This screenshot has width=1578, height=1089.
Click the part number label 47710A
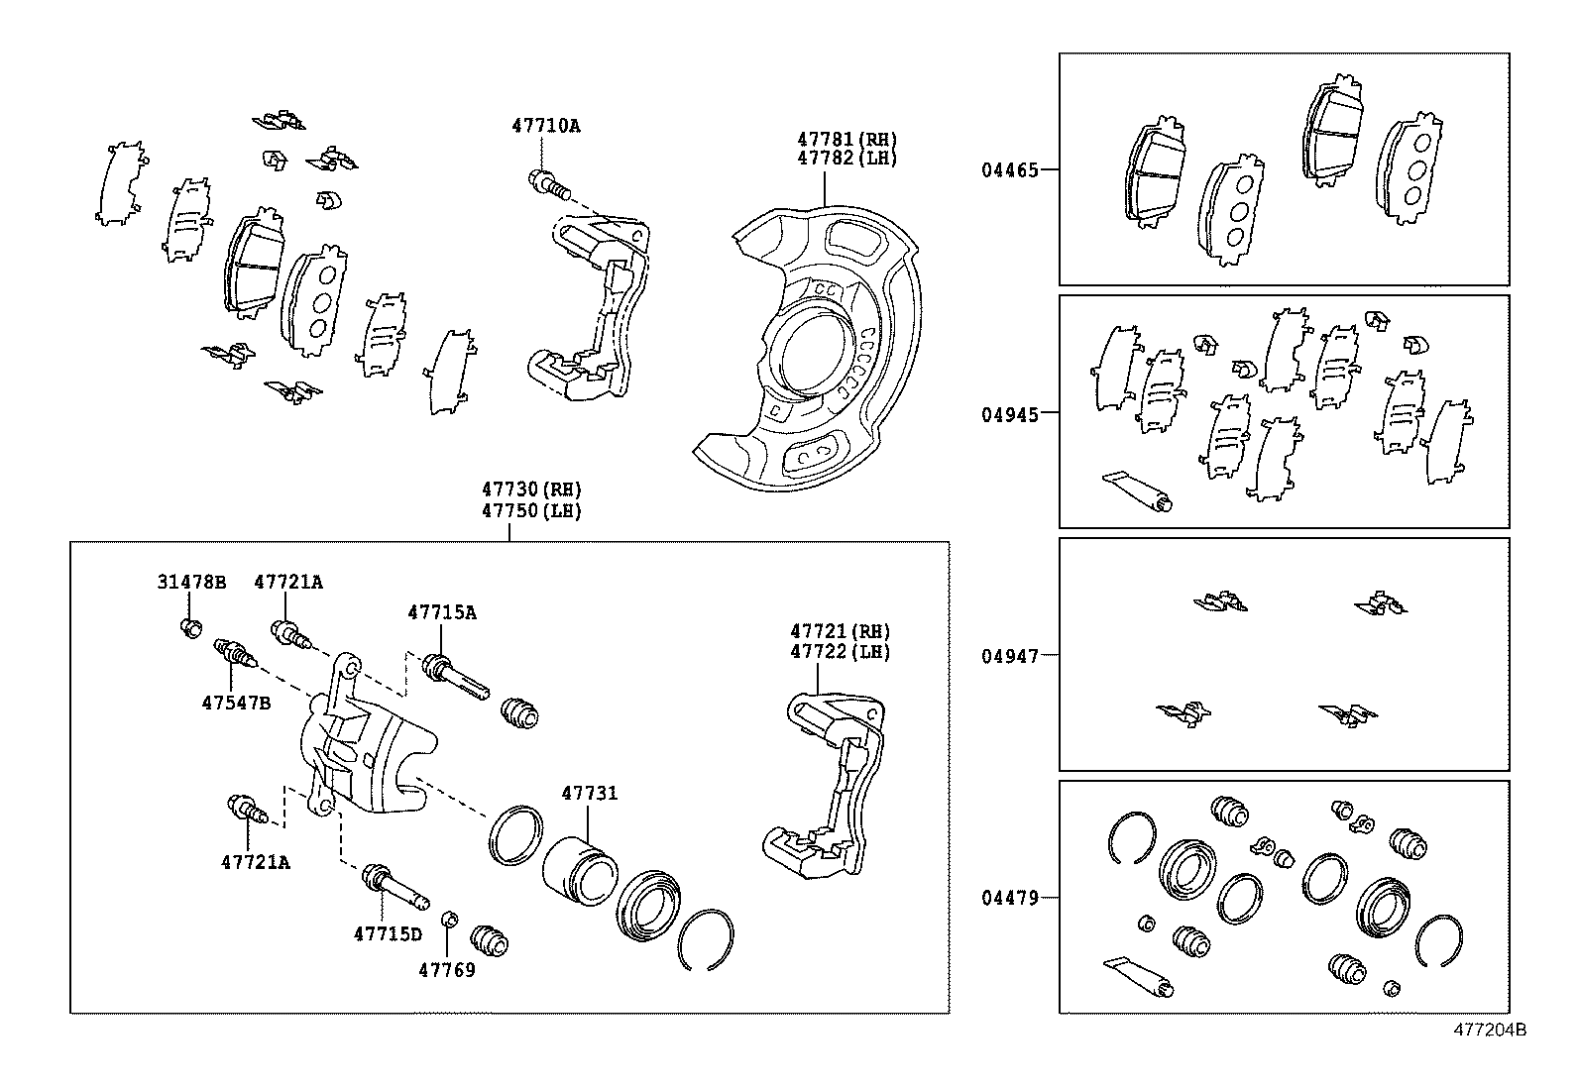(546, 126)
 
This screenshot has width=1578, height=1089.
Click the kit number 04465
(1010, 169)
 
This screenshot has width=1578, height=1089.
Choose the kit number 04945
(1010, 414)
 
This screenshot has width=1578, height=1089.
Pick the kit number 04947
(1010, 656)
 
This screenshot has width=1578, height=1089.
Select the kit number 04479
(1010, 898)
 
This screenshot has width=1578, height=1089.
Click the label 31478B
(191, 582)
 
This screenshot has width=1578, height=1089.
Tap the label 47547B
(236, 702)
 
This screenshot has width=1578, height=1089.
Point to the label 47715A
(441, 612)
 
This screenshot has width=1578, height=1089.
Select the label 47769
(446, 969)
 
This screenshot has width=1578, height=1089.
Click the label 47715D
(388, 933)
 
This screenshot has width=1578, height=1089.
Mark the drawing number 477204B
(1490, 1030)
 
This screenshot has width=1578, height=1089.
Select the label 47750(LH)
(531, 511)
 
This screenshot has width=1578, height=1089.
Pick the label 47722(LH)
(841, 652)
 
